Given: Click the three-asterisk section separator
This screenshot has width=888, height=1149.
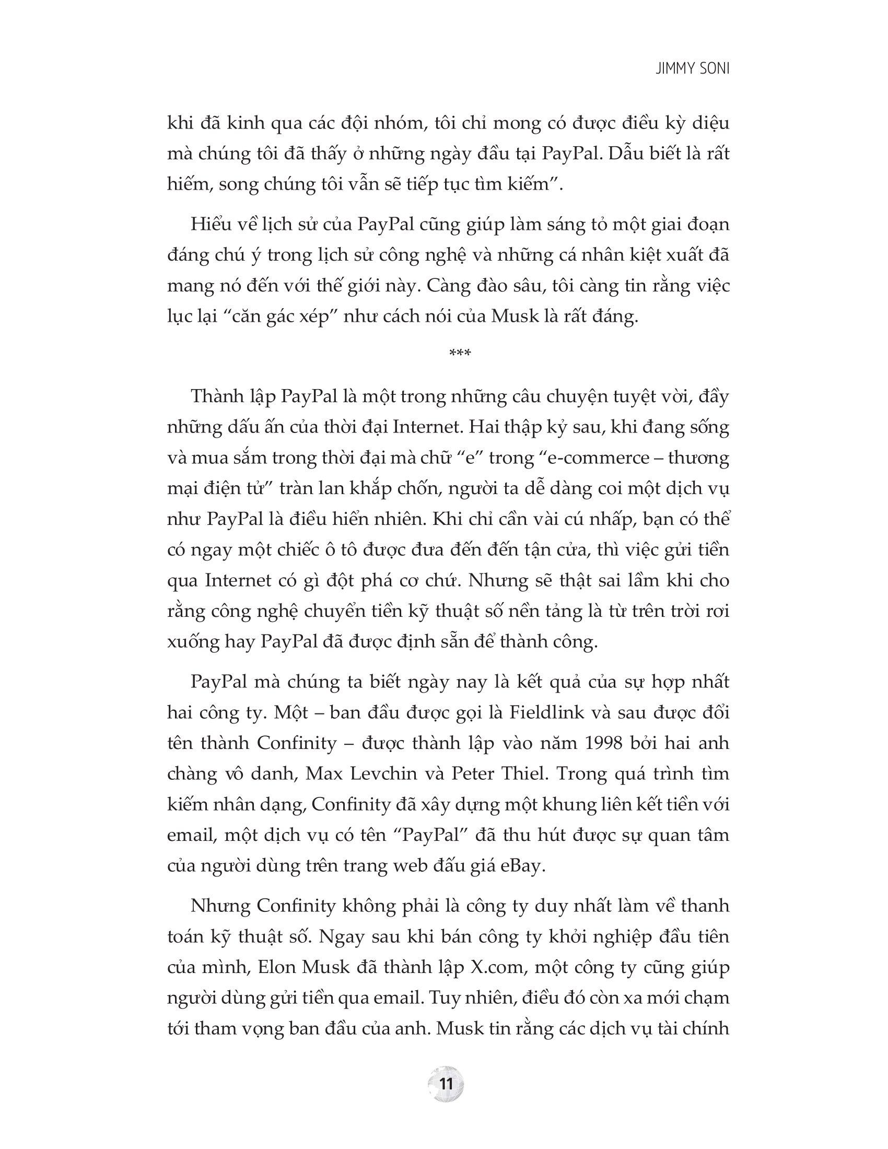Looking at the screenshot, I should [460, 353].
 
